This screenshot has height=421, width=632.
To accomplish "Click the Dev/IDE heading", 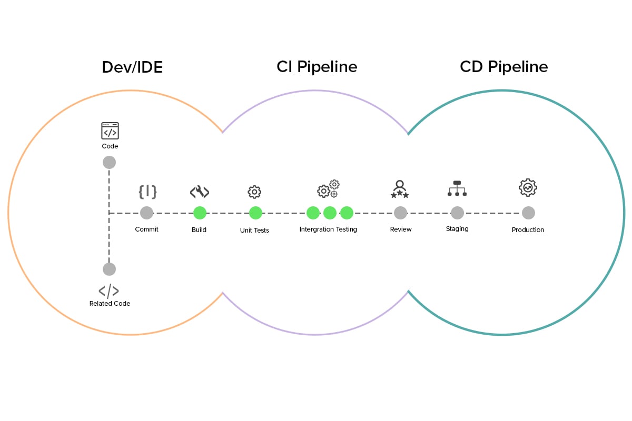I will (x=132, y=67).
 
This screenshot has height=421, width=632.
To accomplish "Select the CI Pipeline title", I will (x=317, y=67).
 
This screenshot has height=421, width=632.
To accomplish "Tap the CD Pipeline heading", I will (x=503, y=67).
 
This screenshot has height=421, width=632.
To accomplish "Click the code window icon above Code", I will (x=110, y=131).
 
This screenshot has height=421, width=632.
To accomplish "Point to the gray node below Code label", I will (x=109, y=162).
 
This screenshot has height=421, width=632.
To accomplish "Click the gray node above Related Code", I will (x=109, y=269).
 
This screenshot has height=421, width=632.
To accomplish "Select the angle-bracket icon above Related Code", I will (x=109, y=291).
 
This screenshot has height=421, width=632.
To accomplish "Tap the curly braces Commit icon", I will (x=147, y=192).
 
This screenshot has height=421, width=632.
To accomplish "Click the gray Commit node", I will (x=147, y=213).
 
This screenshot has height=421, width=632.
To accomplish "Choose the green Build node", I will (x=200, y=213).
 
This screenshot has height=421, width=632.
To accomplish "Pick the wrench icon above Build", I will (x=200, y=192).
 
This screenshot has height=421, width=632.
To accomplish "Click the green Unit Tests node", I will (x=255, y=213).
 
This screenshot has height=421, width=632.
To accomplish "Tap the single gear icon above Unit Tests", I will (x=254, y=192).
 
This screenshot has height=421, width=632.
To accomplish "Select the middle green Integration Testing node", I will (x=330, y=213).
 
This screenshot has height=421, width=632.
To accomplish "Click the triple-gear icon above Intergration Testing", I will (x=329, y=189).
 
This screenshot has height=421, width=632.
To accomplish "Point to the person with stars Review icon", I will (x=400, y=189).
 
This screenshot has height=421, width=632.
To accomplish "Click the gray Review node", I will (x=400, y=213).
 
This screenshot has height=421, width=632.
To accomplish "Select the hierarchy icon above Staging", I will (x=457, y=188).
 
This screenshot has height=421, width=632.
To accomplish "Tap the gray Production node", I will (x=528, y=213).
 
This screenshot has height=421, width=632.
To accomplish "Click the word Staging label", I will (x=457, y=229).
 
